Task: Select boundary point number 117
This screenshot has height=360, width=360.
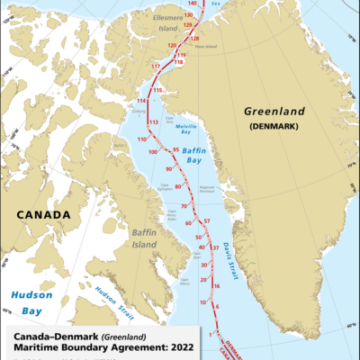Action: pyautogui.click(x=156, y=67)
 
